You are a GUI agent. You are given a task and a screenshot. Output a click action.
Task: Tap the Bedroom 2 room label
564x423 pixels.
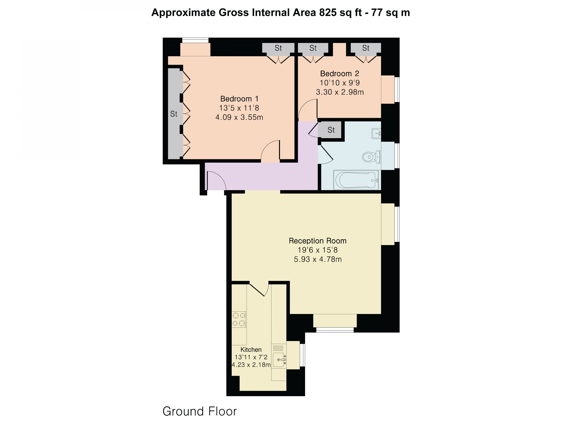(x=339, y=74)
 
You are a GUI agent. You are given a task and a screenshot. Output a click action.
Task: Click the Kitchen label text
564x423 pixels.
(x=251, y=350)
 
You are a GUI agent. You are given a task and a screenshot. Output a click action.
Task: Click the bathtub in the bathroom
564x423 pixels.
(x=356, y=180)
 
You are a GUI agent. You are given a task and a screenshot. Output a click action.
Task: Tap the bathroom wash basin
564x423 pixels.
(x=376, y=133)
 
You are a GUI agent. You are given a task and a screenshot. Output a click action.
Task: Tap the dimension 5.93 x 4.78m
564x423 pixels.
(x=317, y=259)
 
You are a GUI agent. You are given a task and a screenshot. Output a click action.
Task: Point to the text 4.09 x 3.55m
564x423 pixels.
(x=239, y=117)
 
